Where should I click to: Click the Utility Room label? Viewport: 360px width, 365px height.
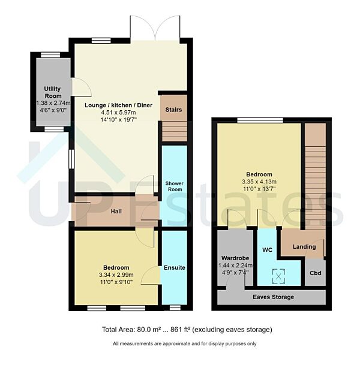point(53,92)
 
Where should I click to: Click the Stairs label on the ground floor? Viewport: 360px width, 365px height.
point(173,110)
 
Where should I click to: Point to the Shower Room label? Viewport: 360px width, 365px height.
point(173,186)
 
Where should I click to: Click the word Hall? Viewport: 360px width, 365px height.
point(118,212)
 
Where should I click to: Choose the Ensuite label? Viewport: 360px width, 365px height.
point(174,267)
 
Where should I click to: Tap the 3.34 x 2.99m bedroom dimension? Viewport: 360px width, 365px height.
point(116,274)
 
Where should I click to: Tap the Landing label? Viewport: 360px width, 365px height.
point(304,247)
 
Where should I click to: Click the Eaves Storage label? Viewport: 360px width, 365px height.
point(273,297)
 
